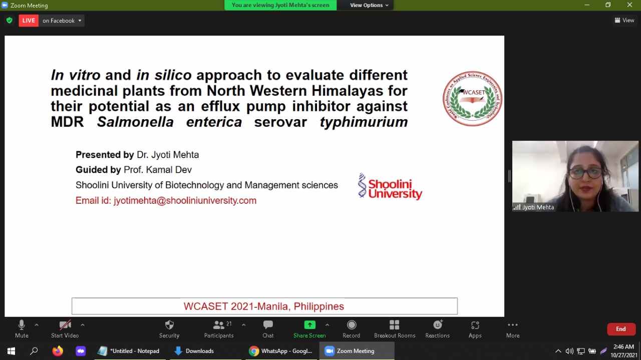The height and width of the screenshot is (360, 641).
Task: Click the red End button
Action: click(621, 329)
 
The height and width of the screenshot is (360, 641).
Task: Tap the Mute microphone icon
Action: click(22, 325)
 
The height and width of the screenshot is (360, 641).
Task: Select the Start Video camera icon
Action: click(65, 325)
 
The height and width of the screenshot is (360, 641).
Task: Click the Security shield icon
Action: click(169, 325)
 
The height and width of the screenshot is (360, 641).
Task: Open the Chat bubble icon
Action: click(268, 325)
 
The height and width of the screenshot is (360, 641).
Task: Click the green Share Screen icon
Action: click(309, 325)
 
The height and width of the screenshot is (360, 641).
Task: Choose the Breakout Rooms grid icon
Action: click(394, 325)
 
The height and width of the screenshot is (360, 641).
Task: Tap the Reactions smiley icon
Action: click(438, 325)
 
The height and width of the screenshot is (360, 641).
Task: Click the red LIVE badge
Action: click(29, 21)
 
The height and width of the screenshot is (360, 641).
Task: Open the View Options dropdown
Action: click(369, 5)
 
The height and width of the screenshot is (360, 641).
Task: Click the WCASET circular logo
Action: click(472, 99)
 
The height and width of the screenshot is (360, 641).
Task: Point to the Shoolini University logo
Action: click(390, 186)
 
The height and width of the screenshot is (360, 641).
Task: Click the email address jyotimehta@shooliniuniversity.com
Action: click(185, 200)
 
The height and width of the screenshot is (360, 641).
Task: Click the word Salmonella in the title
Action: click(135, 122)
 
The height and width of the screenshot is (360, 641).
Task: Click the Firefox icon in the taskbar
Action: click(58, 351)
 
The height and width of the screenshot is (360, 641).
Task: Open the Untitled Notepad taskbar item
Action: click(129, 351)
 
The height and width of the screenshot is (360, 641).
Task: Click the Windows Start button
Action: click(11, 351)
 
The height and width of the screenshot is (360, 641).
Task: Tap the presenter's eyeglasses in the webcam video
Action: click(585, 173)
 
